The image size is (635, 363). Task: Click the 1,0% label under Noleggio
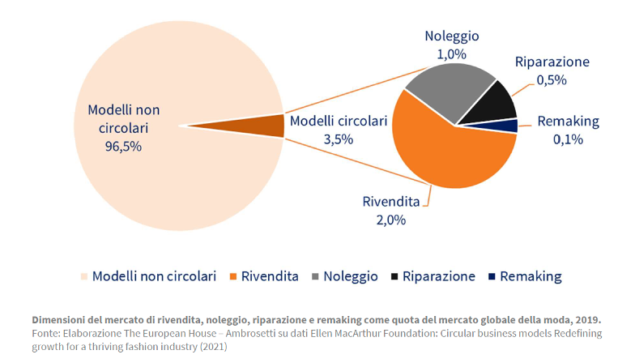[x=451, y=54]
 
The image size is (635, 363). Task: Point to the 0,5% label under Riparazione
[x=552, y=79]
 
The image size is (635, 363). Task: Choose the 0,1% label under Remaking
[x=569, y=139]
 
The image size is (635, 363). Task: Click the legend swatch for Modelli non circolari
[x=83, y=276]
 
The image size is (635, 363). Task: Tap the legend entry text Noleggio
[x=351, y=276]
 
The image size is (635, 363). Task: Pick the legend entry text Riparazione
[x=438, y=276]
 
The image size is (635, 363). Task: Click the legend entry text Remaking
[x=531, y=276]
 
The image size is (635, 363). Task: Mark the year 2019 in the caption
[x=587, y=319]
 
